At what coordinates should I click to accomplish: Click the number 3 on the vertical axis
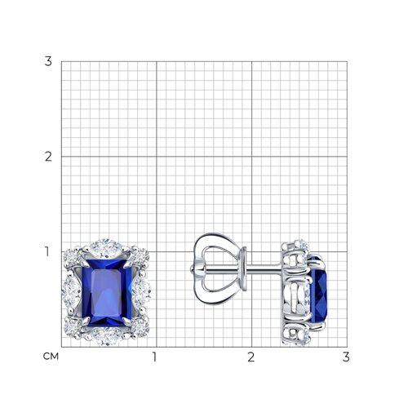tap(48, 61)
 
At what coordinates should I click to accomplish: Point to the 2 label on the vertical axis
tap(48, 157)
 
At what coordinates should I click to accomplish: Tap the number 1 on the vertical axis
tap(47, 251)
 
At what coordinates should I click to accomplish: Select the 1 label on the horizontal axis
tap(154, 357)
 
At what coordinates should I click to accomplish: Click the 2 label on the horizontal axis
tap(251, 357)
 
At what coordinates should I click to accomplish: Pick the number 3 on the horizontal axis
tap(346, 357)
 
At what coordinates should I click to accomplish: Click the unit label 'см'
tap(51, 356)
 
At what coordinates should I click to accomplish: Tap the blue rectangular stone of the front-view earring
tap(107, 292)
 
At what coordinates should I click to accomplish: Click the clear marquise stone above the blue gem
tap(105, 248)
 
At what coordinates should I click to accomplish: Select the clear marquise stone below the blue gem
tap(105, 336)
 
